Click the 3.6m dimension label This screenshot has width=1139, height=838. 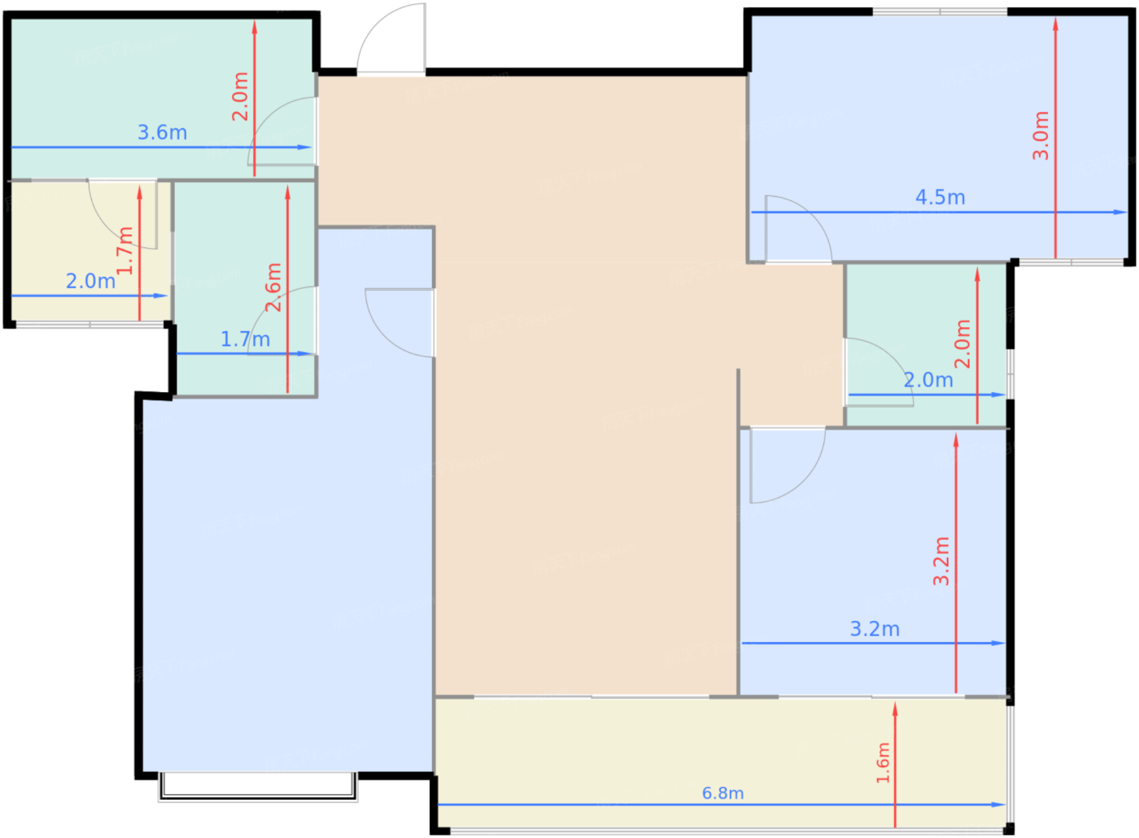tap(162, 133)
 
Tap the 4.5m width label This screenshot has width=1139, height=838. tap(940, 197)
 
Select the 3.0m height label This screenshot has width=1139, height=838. tap(1041, 136)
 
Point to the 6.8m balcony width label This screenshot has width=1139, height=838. tap(722, 793)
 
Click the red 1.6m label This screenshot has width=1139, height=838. tap(883, 763)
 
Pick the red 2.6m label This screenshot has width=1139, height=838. tap(273, 287)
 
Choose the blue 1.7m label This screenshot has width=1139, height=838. tap(245, 340)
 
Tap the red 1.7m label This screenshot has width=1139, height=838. tap(124, 251)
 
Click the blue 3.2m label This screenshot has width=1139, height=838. tap(875, 630)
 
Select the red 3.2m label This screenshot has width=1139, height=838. tap(941, 561)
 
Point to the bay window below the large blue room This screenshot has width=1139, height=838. tap(257, 787)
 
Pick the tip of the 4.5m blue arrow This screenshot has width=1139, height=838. tap(1127, 212)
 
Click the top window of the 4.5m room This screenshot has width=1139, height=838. tap(940, 11)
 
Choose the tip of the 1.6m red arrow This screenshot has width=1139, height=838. tap(895, 703)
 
